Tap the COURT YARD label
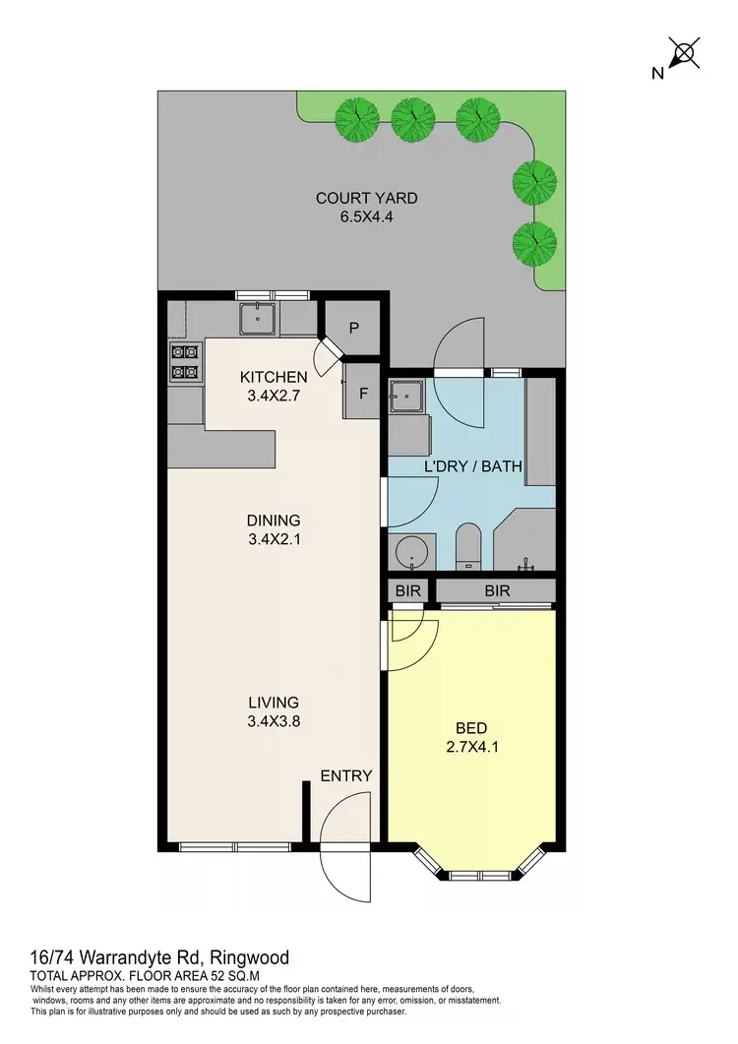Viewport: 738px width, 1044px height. pos(366,208)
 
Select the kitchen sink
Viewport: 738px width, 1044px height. pos(259,317)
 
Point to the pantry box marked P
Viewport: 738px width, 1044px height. pos(353,329)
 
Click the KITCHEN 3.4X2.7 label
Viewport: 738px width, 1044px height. pos(275,387)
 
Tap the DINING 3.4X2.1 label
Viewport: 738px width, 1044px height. pos(274,530)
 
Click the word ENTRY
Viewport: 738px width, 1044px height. pos(346,775)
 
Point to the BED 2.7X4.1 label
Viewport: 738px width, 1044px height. pos(471,737)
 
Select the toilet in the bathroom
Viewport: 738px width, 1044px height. pos(466,547)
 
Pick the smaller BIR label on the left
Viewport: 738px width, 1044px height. pos(407,590)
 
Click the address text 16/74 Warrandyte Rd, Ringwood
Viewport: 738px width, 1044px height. pos(158,956)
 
